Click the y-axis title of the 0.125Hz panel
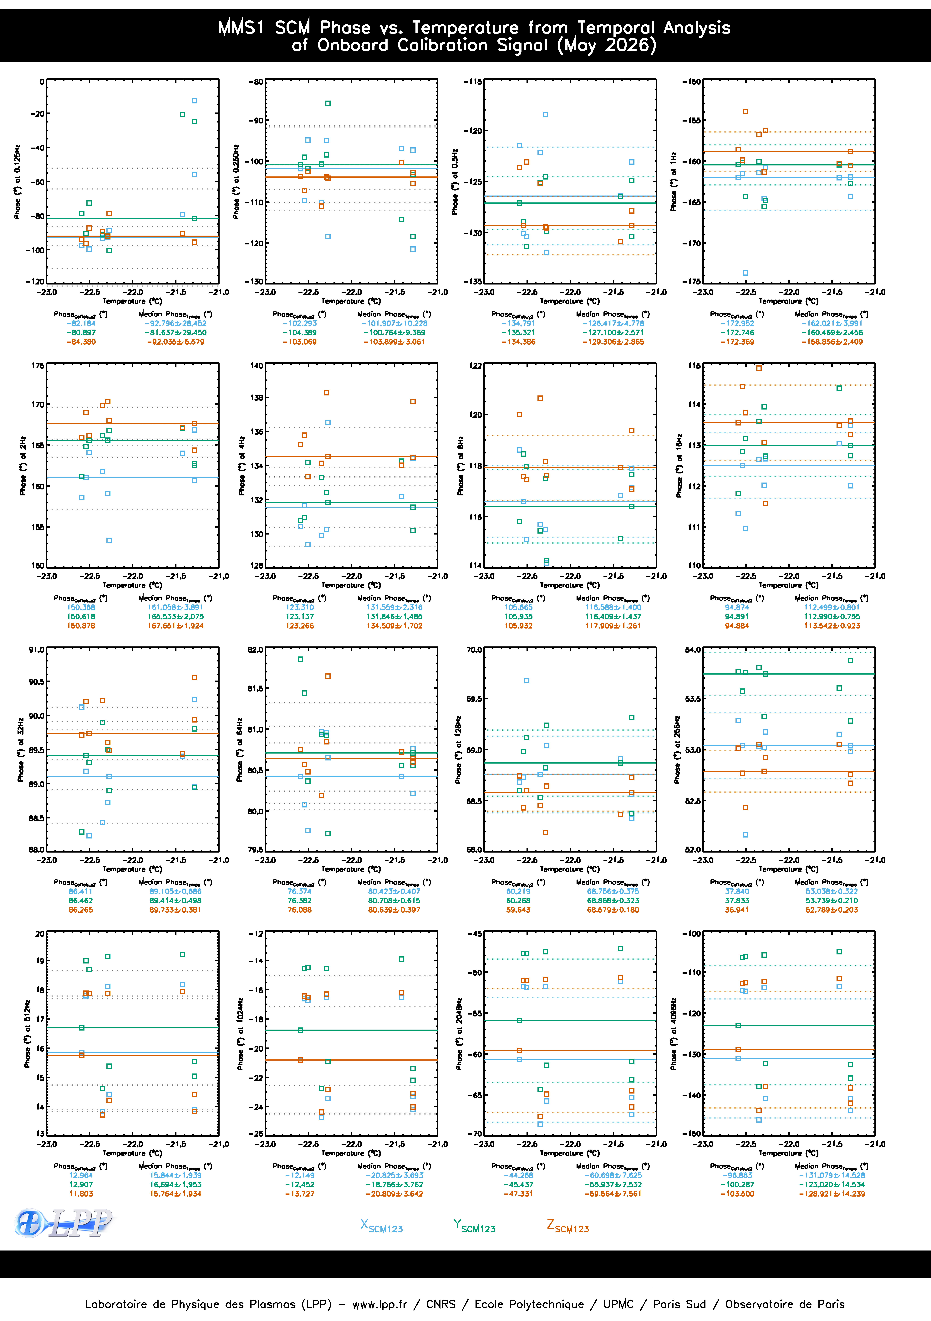tap(17, 181)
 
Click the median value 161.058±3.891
tap(175, 607)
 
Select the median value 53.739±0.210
tap(832, 900)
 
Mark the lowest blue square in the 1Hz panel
tap(745, 273)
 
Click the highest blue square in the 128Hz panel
tap(527, 681)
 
